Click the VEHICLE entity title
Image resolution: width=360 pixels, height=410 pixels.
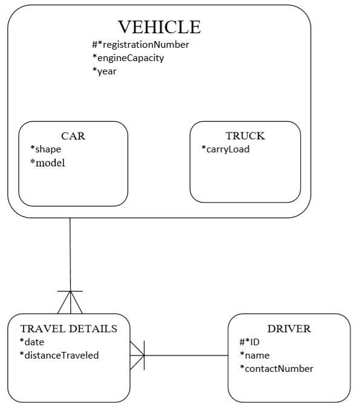[x=159, y=27]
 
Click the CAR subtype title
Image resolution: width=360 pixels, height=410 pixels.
[x=73, y=136]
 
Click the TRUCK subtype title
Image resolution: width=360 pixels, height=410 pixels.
[x=245, y=136]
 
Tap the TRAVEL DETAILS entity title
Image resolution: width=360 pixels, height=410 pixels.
[x=68, y=329]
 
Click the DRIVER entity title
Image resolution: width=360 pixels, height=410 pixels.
[x=289, y=329]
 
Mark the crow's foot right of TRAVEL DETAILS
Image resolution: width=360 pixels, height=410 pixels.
[x=138, y=355]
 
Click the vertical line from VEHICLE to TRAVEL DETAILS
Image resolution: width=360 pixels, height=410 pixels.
[x=70, y=254]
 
